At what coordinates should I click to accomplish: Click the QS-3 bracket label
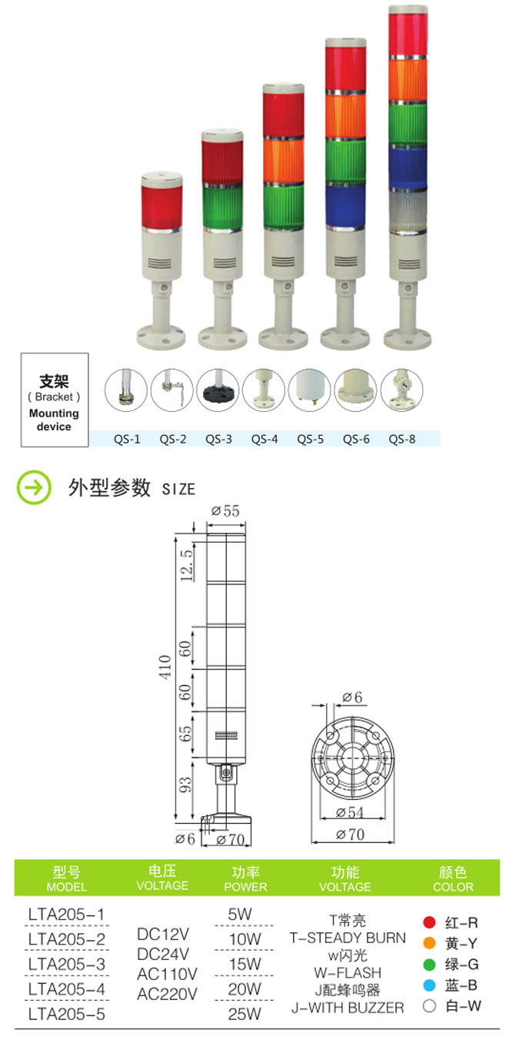coord(218,440)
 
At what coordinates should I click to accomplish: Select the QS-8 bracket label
coord(401,440)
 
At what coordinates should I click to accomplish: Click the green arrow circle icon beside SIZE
coord(34,488)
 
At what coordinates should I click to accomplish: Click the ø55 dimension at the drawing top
coord(225,510)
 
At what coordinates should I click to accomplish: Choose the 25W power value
coord(245,1013)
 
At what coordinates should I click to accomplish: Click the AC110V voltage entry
coord(167,973)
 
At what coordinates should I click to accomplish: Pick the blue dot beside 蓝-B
coord(430,985)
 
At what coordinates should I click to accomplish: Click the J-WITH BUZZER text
coord(348,1007)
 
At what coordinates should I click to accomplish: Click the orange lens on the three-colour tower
coord(284,158)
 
